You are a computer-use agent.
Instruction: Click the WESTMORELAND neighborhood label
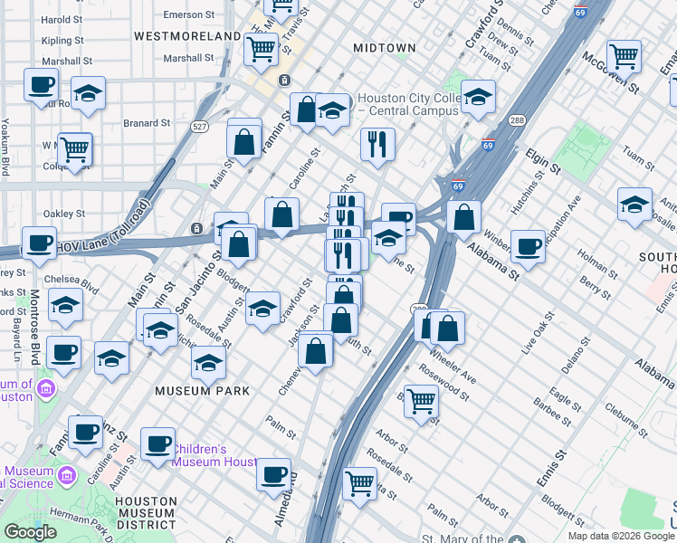coord(187,36)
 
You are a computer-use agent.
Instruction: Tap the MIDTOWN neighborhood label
coord(385,47)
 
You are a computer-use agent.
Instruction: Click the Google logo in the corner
coord(30,532)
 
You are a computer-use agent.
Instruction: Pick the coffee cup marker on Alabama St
coord(528,244)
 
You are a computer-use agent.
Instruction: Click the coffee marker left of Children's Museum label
coord(157,443)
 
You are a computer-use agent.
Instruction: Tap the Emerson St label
coord(189,15)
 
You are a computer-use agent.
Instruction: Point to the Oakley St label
coord(63,214)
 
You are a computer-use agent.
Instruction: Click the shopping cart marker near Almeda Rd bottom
coord(360,482)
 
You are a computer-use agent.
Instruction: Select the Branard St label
coord(147,123)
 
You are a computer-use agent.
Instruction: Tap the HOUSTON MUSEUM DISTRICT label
coord(146,513)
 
